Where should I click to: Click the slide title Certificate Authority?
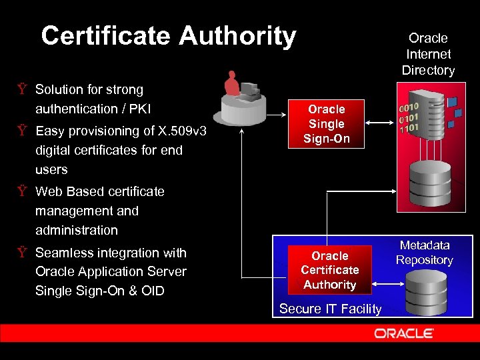[168, 35]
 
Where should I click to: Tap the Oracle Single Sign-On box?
[327, 124]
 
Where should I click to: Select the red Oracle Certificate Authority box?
[330, 270]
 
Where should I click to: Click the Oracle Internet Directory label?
[428, 54]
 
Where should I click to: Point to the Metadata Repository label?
[425, 253]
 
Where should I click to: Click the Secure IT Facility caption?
[330, 309]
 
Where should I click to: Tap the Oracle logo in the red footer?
[404, 333]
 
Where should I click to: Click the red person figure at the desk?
[232, 83]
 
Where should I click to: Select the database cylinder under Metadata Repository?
[426, 293]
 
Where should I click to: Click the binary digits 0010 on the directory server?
[409, 107]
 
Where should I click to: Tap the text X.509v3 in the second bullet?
[179, 131]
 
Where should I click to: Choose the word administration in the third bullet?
[76, 230]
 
